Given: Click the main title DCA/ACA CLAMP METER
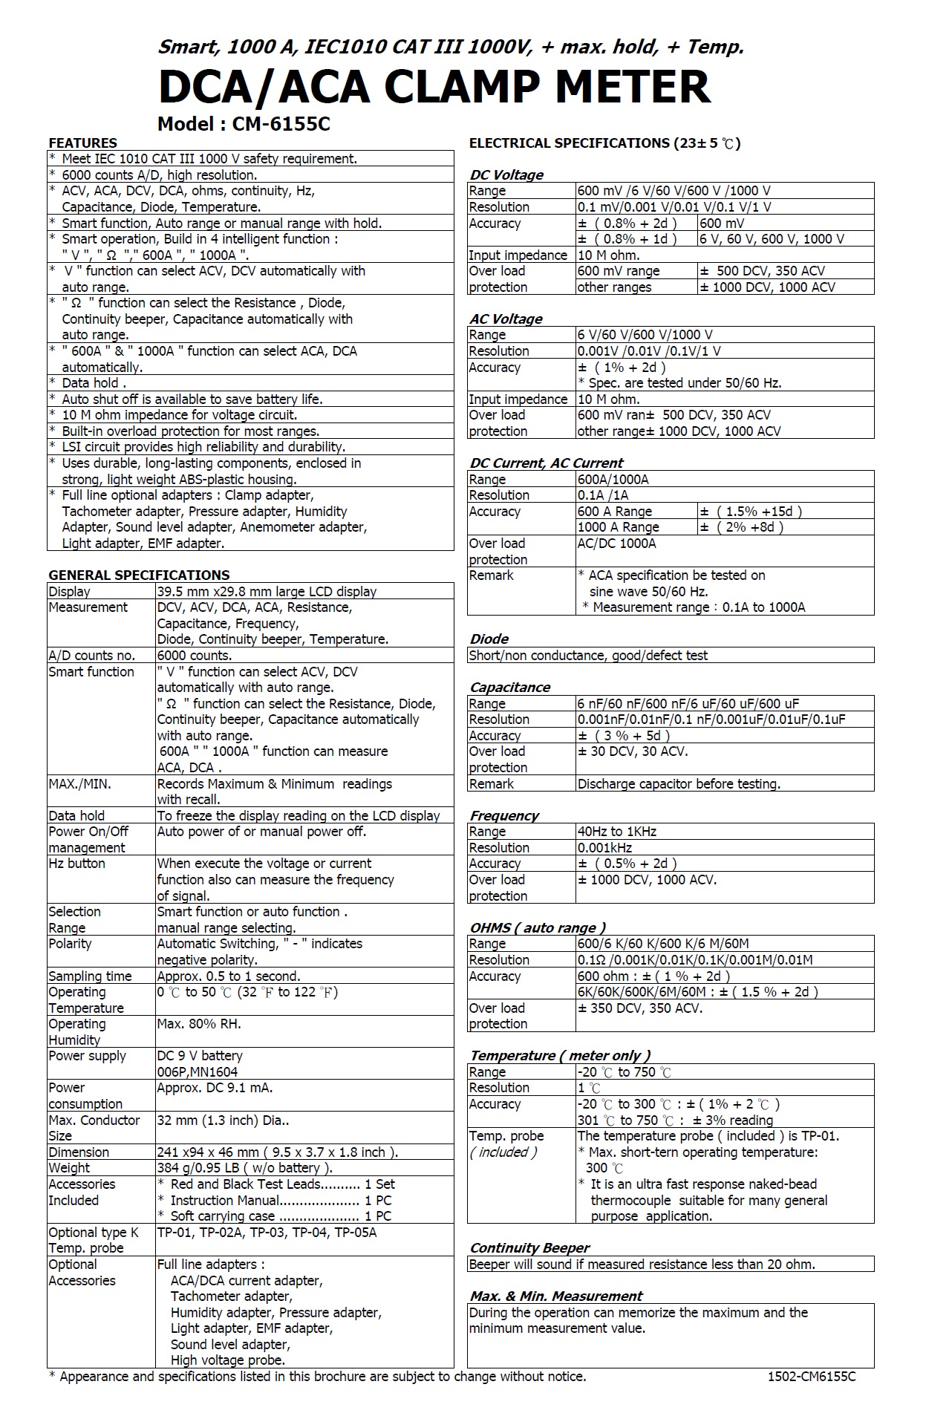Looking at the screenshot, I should coord(434,87).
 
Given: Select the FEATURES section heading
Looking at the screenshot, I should coord(82,143).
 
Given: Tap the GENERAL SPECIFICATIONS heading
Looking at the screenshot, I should coord(139,575).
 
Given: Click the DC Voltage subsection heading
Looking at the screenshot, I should coord(506,174).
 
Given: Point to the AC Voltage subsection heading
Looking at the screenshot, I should coord(506,319).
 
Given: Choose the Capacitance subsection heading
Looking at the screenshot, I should coord(509,687).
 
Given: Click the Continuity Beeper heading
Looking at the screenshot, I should coord(529,1247).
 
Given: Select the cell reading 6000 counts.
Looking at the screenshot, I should coord(195,656).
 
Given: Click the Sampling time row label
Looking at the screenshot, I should coord(90,976).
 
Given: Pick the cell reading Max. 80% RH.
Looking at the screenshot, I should coord(199,1024).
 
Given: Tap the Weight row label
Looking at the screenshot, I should coord(68,1168).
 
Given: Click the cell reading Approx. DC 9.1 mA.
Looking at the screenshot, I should coord(215,1088).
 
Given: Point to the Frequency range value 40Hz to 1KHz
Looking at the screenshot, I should coord(617,832).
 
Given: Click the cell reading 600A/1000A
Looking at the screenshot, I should coord(613,480).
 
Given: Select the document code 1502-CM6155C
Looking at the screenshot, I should coord(812,1377).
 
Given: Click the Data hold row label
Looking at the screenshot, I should coord(76,815).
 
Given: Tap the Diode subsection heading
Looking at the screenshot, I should coord(489,639).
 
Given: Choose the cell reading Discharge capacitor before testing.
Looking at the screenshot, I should coord(679,784).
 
